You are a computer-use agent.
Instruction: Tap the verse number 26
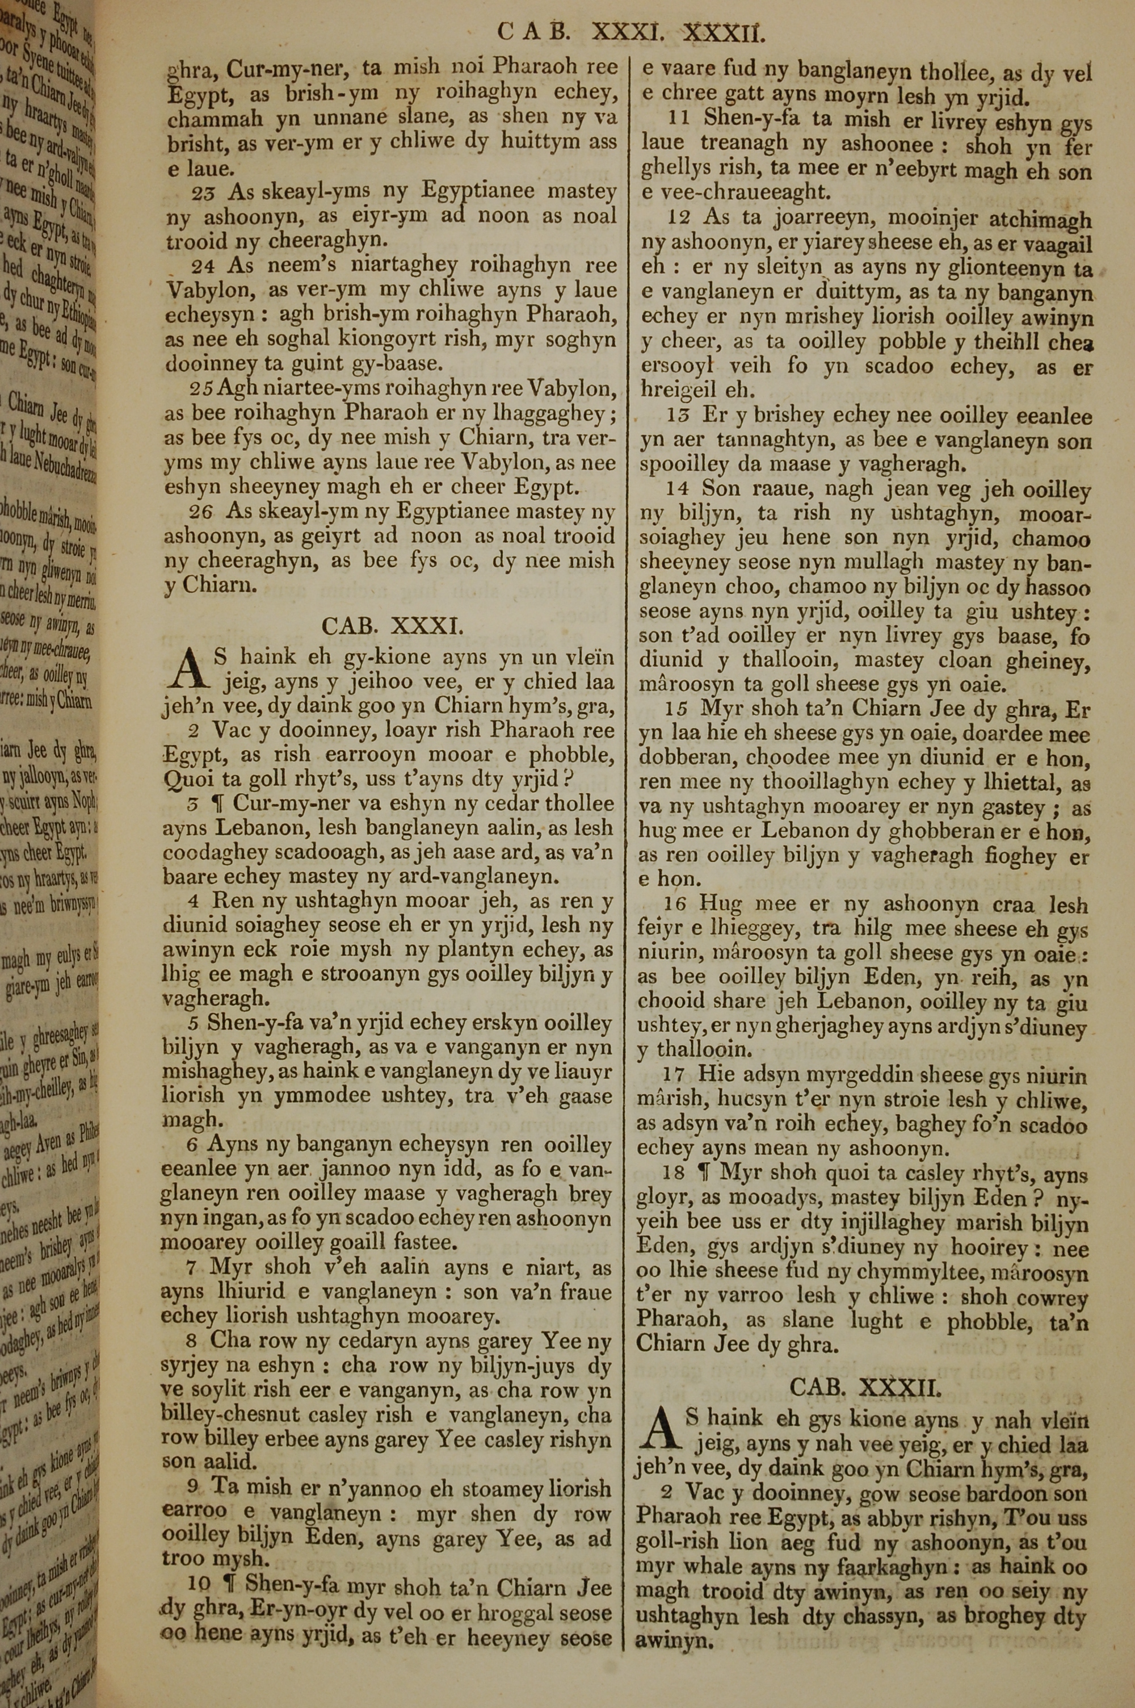[x=203, y=513]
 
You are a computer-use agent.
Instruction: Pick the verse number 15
[x=679, y=710]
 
